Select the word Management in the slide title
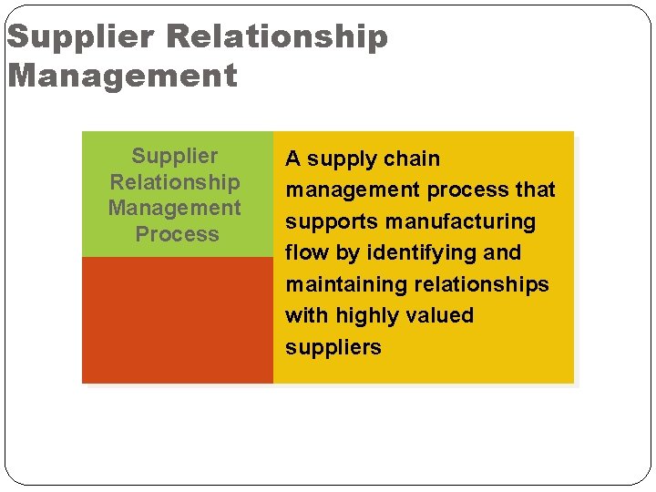pyautogui.click(x=122, y=75)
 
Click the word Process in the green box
pyautogui.click(x=177, y=234)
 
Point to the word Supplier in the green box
pyautogui.click(x=175, y=156)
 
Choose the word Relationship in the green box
pyautogui.click(x=175, y=182)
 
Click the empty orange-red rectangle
pyautogui.click(x=178, y=320)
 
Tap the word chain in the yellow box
pyautogui.click(x=412, y=159)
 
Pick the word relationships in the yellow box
pyautogui.click(x=482, y=284)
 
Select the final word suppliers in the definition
pyautogui.click(x=333, y=347)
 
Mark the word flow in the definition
pyautogui.click(x=306, y=252)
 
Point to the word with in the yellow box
pyautogui.click(x=307, y=315)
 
